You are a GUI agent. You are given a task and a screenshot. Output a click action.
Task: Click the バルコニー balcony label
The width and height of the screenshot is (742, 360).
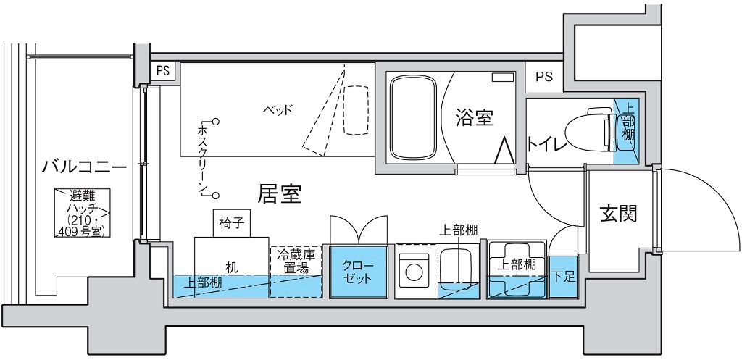(x=84, y=167)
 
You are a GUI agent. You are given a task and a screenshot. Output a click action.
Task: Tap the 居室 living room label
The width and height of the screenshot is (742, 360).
(x=280, y=193)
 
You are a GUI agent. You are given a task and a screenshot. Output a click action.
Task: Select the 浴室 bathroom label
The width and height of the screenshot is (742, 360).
(x=474, y=118)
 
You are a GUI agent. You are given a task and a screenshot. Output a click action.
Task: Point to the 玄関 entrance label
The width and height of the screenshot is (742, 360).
(x=619, y=214)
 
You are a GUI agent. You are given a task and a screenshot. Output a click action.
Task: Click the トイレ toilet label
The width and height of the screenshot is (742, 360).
(x=547, y=144)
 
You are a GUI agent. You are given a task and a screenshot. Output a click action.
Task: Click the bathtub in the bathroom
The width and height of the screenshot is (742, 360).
(x=412, y=118)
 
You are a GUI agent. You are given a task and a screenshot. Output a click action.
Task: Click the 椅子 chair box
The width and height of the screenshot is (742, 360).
(x=231, y=223)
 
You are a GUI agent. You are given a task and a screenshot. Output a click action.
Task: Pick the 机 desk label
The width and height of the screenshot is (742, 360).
(x=231, y=268)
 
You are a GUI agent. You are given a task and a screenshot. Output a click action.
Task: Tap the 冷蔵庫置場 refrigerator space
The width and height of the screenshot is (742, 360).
(x=296, y=272)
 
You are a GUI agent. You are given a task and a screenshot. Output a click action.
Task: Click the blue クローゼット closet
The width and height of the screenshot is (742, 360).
(x=358, y=272)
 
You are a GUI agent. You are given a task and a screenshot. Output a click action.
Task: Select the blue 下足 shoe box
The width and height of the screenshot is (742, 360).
(x=564, y=277)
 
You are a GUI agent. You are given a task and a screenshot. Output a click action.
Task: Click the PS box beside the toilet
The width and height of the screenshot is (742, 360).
(x=544, y=77)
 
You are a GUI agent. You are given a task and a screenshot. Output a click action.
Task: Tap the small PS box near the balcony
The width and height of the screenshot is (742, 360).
(x=163, y=72)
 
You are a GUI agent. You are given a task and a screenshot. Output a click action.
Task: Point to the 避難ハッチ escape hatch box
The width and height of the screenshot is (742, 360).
(x=82, y=213)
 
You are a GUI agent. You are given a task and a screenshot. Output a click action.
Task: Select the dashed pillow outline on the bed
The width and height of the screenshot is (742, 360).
(x=355, y=110)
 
